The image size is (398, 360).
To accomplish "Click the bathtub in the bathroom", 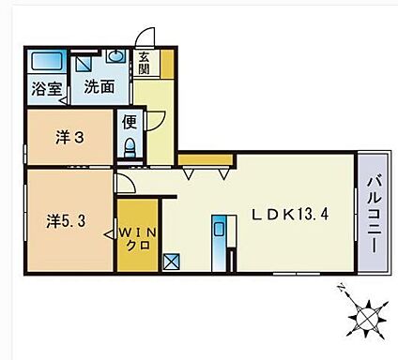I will coord(45,64).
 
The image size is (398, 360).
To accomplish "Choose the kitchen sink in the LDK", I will coord(219,228).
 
